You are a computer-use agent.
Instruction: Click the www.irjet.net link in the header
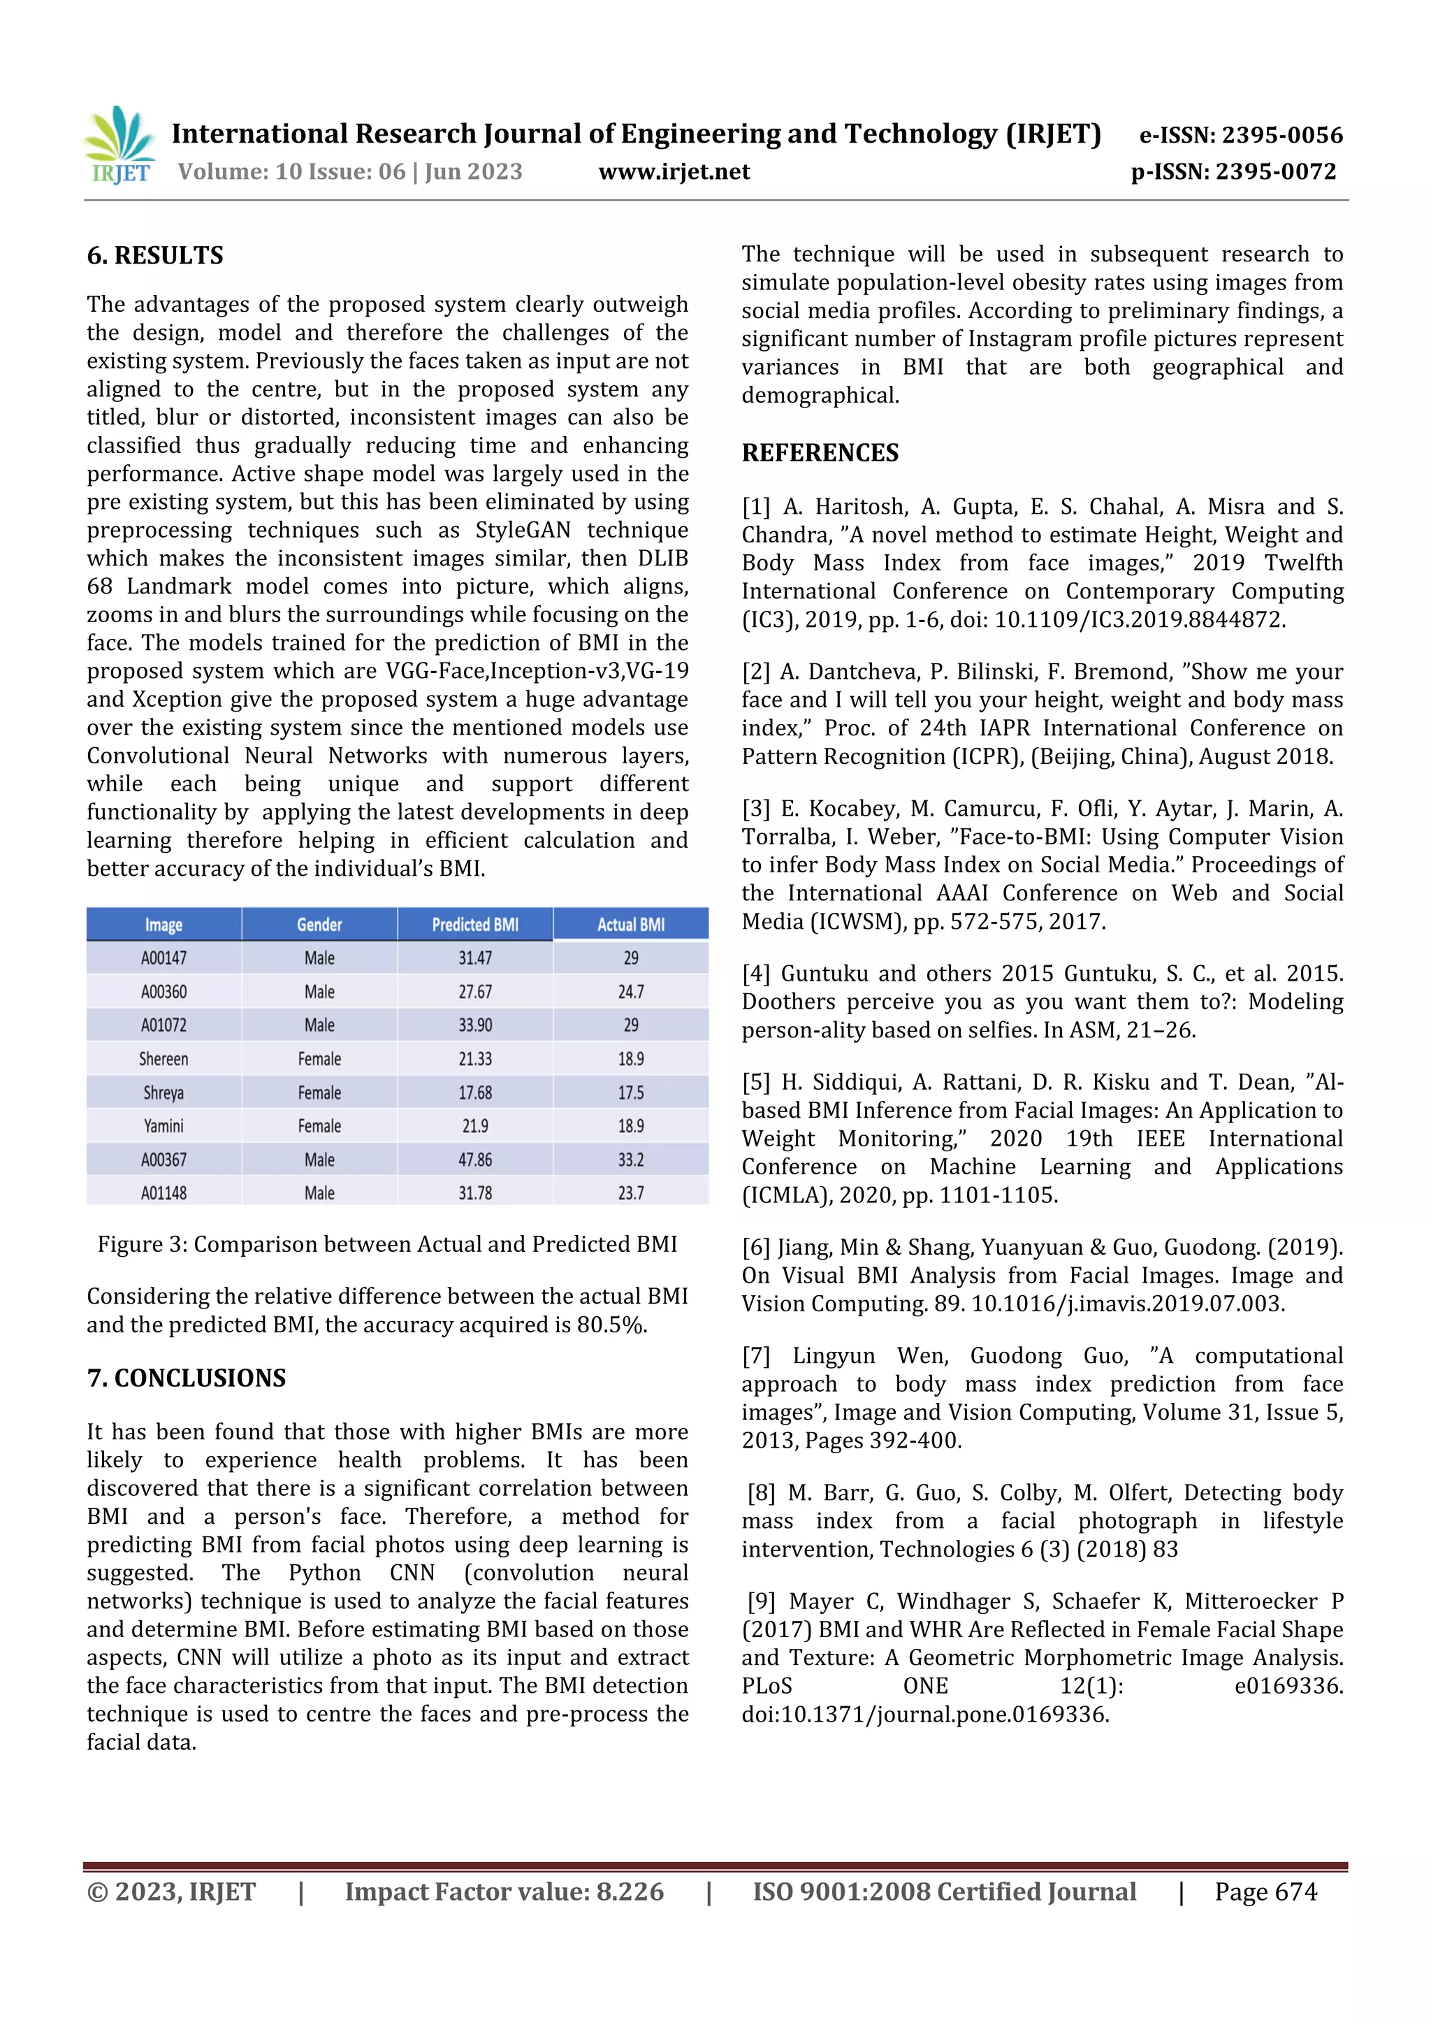(674, 171)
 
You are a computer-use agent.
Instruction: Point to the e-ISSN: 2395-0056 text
(1240, 135)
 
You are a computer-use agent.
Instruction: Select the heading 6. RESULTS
(155, 256)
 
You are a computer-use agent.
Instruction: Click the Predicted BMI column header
(474, 924)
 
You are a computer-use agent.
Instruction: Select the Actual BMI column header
(630, 924)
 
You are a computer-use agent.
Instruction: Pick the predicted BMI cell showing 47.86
(474, 1160)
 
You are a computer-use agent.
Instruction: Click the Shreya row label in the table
(164, 1093)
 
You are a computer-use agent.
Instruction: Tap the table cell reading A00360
(164, 991)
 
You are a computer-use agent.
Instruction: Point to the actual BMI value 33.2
(630, 1160)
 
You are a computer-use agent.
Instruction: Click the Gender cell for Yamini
(319, 1126)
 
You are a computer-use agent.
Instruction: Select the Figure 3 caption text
(387, 1244)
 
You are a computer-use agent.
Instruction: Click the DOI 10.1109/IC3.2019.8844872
(1139, 619)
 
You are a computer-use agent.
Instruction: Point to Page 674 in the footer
(1265, 1891)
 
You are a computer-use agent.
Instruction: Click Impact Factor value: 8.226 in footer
(504, 1891)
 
